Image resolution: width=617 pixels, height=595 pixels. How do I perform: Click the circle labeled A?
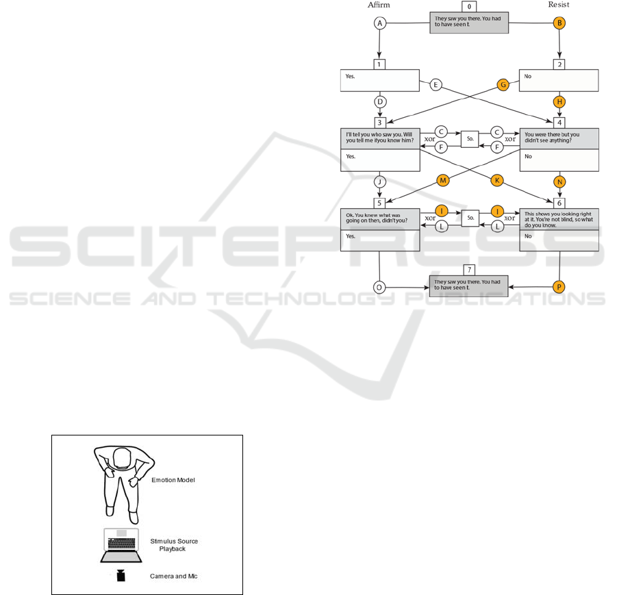tap(381, 23)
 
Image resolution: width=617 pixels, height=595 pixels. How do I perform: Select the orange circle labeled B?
tap(559, 23)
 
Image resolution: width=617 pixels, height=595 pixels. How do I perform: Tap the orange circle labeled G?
tap(503, 85)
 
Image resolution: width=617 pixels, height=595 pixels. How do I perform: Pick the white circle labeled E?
tap(436, 85)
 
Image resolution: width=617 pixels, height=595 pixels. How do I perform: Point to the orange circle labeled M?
tap(442, 180)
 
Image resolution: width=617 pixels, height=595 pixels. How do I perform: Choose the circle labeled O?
tap(381, 287)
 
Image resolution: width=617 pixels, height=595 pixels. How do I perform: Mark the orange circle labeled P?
tap(559, 287)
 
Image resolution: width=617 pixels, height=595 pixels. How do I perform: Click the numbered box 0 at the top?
tap(470, 6)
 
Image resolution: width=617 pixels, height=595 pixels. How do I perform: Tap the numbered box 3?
tap(381, 122)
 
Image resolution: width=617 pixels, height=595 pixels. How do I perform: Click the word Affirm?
tap(380, 5)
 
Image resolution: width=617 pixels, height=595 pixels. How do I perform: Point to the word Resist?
tap(559, 5)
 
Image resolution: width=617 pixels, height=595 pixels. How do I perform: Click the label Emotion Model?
tap(173, 480)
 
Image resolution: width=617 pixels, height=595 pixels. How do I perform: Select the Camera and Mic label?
tap(173, 576)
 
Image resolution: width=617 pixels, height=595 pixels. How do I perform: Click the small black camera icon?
tap(121, 575)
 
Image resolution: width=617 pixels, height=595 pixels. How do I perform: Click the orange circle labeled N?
tap(559, 182)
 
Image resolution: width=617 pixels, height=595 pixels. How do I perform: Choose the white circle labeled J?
tap(381, 182)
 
